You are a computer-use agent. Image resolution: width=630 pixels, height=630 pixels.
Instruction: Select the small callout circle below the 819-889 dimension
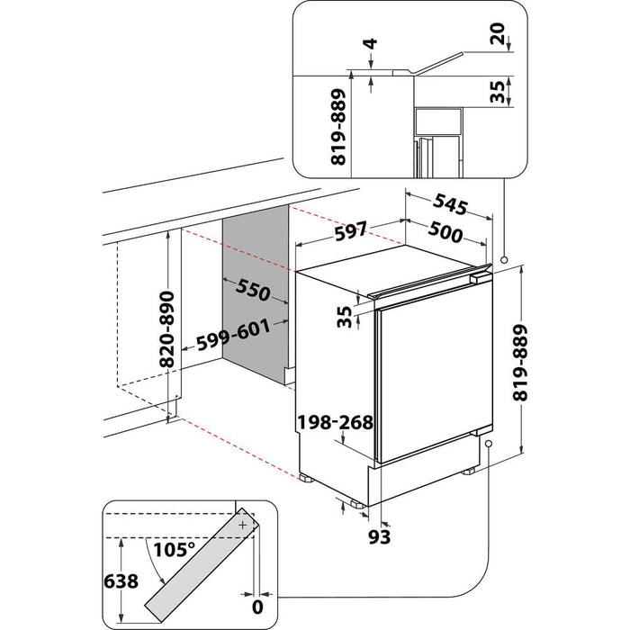click(487, 444)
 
